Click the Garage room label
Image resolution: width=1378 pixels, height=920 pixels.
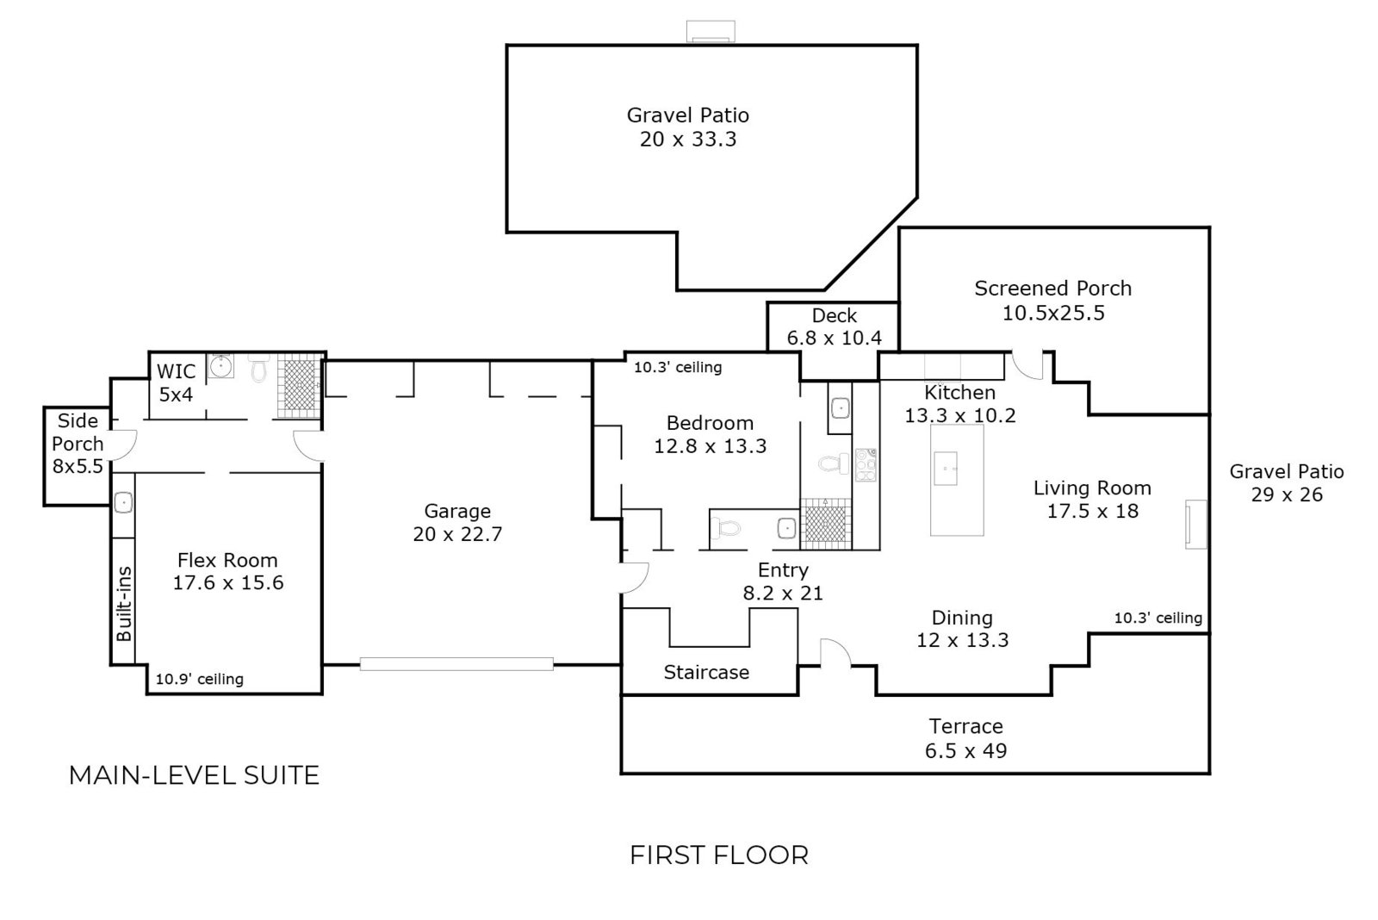(x=456, y=511)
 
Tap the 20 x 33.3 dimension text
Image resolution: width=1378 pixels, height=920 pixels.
(x=687, y=140)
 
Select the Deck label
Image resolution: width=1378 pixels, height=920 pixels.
(x=834, y=315)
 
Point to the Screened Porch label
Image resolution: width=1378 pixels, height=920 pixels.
(x=1052, y=289)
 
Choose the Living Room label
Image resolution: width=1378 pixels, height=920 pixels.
(x=1092, y=488)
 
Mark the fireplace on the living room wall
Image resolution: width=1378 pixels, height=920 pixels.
(x=1196, y=524)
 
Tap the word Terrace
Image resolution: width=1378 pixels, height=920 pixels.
(x=965, y=726)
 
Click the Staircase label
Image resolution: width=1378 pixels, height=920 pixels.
(x=706, y=672)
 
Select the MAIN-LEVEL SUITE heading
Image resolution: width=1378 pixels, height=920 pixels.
(x=194, y=775)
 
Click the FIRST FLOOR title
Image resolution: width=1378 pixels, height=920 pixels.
(x=719, y=855)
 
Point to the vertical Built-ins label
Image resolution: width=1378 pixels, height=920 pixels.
(x=124, y=603)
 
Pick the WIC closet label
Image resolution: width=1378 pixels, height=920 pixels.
(x=176, y=371)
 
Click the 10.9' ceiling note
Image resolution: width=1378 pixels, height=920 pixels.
(x=199, y=679)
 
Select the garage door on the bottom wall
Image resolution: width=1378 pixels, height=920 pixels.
(x=456, y=664)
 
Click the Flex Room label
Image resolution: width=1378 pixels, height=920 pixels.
(x=227, y=560)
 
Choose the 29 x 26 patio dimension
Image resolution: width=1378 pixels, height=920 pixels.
(x=1286, y=494)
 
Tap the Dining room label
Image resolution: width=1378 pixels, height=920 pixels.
(x=962, y=618)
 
